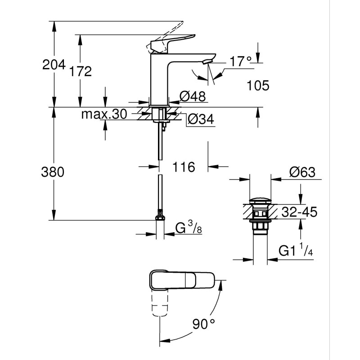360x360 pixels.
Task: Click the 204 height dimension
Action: (x=54, y=64)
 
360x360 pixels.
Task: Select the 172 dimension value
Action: (x=81, y=71)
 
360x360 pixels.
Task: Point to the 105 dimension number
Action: (x=258, y=85)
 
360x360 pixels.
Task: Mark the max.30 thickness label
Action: (x=104, y=114)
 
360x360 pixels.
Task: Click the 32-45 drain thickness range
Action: (x=298, y=211)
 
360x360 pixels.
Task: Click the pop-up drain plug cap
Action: (x=261, y=199)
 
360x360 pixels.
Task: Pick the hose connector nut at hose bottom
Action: (x=159, y=218)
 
